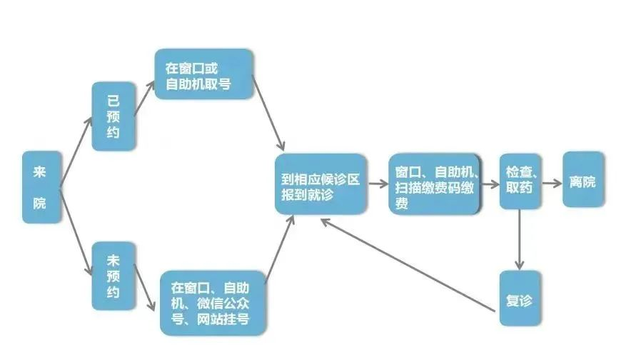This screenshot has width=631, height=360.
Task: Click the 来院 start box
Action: (x=40, y=186)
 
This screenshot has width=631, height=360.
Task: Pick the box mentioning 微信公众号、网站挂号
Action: (x=213, y=303)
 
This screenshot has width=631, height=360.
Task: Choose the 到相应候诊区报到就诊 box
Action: (x=320, y=184)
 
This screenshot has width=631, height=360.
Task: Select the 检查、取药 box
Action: (x=519, y=181)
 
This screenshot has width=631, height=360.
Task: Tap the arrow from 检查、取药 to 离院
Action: (x=552, y=182)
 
